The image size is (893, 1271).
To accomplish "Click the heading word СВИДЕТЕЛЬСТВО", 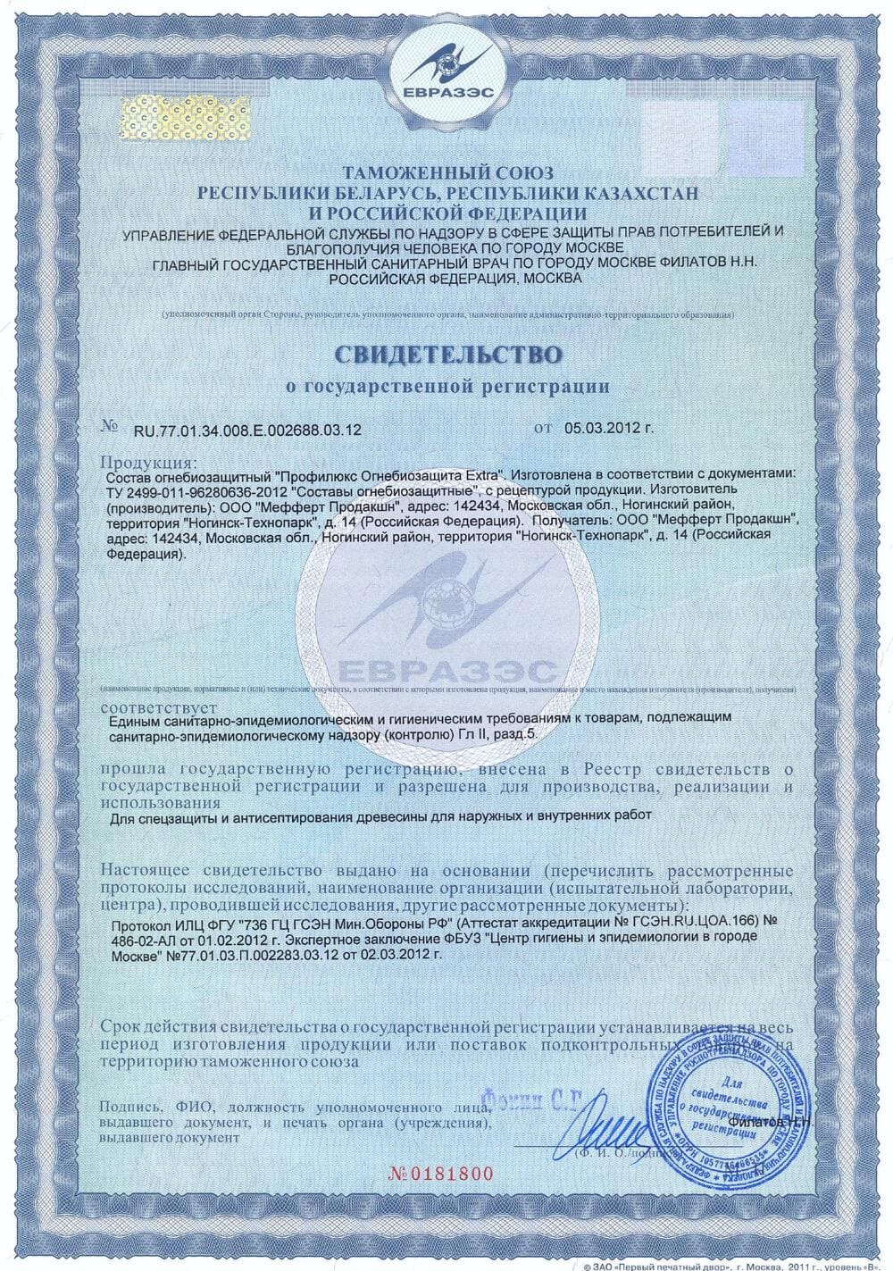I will pos(449,355).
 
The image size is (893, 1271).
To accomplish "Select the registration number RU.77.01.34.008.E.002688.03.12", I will pos(247,430).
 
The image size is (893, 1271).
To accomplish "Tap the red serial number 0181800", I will pos(447,1173).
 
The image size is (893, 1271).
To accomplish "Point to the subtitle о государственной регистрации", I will pos(447,387).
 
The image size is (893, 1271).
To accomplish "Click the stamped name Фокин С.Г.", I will pos(525,1093).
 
